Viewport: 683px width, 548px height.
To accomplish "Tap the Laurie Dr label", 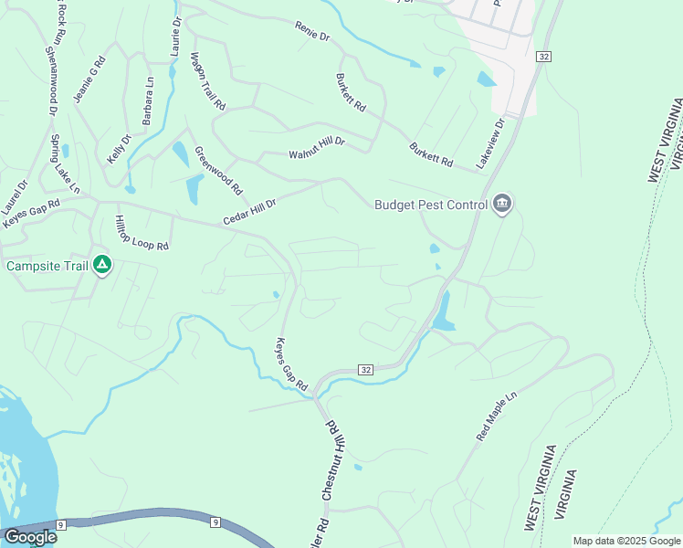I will click(175, 37).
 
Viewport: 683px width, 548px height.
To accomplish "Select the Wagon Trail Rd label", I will click(207, 81).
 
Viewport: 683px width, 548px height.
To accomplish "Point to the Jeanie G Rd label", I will click(90, 79).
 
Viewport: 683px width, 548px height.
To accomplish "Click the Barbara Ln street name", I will click(148, 101).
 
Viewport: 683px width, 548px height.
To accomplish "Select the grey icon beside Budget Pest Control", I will click(500, 204).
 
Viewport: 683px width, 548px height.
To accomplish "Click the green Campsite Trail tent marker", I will click(102, 265).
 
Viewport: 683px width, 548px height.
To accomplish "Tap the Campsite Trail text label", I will click(47, 266).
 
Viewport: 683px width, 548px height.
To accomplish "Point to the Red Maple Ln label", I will click(497, 418).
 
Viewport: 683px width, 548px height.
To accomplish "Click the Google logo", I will click(30, 537).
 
